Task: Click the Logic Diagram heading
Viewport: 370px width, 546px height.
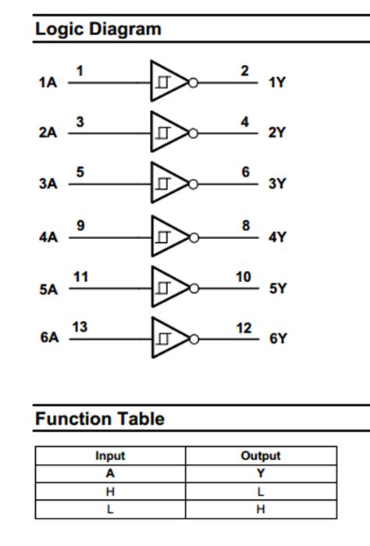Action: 98,29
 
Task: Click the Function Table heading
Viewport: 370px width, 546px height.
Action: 99,419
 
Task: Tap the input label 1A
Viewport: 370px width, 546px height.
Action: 48,81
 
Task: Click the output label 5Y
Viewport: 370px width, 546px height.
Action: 278,288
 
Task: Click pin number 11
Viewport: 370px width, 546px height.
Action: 80,277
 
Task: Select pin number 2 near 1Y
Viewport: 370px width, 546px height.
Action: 244,71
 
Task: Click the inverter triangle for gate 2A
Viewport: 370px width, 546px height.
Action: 168,132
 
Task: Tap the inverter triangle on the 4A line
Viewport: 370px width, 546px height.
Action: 168,235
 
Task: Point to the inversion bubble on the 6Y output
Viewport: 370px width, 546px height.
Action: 194,339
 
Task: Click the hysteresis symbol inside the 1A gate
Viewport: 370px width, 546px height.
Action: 163,81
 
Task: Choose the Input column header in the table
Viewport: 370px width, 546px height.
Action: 110,455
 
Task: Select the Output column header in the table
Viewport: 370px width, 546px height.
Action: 261,455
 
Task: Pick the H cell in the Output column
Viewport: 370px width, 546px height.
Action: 261,509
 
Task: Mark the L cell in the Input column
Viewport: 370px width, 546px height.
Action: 110,509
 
